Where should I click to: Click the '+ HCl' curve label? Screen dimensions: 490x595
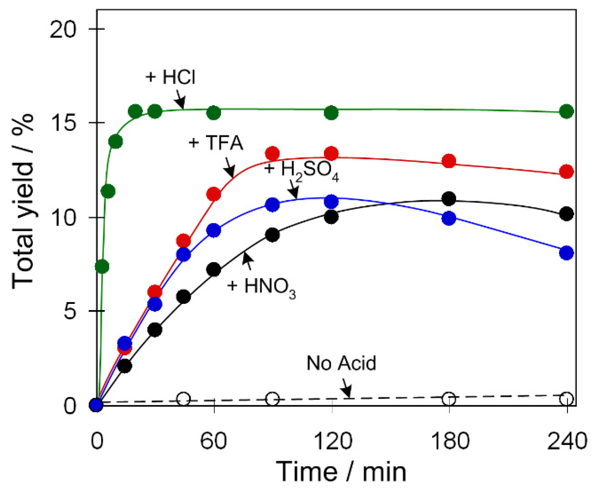pos(170,77)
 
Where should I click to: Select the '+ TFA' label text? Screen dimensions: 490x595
pos(216,143)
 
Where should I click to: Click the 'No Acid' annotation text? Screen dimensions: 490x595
pos(341,363)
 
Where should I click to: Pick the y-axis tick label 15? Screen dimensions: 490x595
pos(62,123)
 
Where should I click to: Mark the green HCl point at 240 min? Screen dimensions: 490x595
pos(566,112)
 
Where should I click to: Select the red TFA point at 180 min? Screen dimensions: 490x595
pos(449,161)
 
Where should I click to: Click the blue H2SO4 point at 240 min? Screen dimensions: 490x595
pos(566,253)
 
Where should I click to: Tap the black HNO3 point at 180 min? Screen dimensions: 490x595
pos(449,199)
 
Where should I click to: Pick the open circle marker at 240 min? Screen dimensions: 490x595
pos(566,399)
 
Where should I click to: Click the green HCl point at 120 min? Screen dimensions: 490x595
pos(331,113)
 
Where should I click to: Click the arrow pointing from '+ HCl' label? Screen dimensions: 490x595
pos(180,100)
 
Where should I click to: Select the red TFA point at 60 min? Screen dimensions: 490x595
pos(213,194)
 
